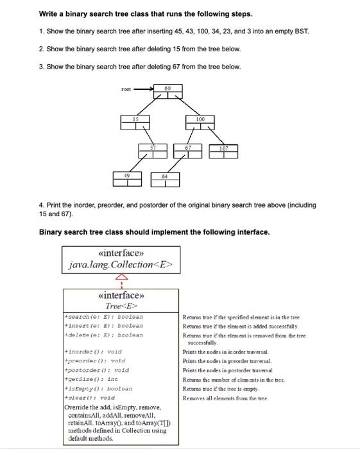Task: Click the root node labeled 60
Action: pyautogui.click(x=168, y=92)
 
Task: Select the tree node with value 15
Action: pyautogui.click(x=136, y=123)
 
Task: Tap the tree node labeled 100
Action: pyautogui.click(x=200, y=123)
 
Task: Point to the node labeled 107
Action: pyautogui.click(x=223, y=152)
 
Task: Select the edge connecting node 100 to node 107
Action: pyautogui.click(x=213, y=137)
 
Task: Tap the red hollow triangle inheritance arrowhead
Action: pyautogui.click(x=118, y=276)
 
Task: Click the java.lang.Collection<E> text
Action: pyautogui.click(x=118, y=263)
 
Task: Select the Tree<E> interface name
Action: pyautogui.click(x=118, y=307)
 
